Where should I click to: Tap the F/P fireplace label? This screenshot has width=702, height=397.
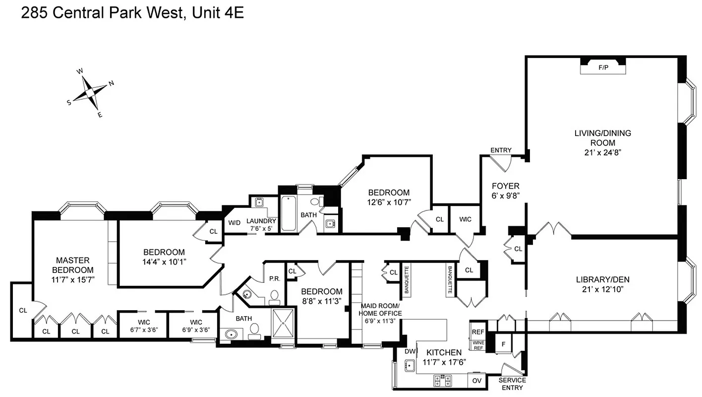tap(603, 67)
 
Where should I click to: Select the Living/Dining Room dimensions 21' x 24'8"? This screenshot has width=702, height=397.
tap(603, 152)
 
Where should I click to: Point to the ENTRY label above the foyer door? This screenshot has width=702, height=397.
tap(501, 150)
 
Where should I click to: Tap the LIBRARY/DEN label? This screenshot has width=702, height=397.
tap(603, 279)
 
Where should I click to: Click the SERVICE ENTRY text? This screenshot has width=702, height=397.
tap(512, 384)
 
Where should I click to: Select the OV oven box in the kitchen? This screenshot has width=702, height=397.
tap(477, 381)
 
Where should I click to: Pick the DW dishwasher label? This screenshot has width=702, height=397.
tap(409, 351)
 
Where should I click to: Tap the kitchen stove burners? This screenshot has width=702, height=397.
tap(443, 381)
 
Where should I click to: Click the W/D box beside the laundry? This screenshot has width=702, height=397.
tap(234, 222)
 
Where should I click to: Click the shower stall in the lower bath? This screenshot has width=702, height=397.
tap(283, 323)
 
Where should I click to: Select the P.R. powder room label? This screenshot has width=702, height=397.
tap(274, 278)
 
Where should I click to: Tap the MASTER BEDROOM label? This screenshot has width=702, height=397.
tap(73, 269)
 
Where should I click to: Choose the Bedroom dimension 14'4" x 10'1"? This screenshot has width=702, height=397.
tap(164, 262)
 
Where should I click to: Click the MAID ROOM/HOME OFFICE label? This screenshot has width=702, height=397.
tap(381, 310)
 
